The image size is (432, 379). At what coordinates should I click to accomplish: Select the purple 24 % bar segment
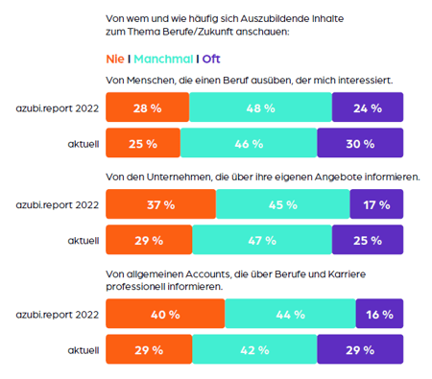click(368, 108)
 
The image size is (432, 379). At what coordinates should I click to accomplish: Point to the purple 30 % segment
click(360, 145)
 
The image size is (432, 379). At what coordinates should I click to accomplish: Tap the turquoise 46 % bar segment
click(248, 145)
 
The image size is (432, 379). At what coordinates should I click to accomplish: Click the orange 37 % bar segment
click(160, 204)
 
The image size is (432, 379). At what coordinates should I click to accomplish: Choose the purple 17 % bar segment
click(377, 204)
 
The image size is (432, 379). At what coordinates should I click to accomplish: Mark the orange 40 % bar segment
click(165, 314)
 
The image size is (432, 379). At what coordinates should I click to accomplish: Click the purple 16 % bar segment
click(379, 314)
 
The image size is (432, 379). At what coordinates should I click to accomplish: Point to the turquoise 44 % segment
click(290, 314)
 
